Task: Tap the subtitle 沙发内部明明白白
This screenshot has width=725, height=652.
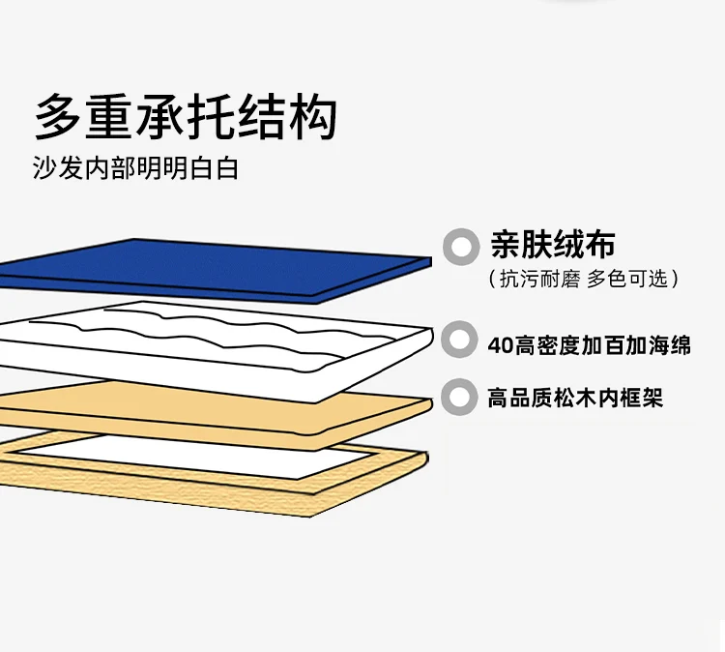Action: [135, 168]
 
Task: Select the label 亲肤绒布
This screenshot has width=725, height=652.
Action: [552, 246]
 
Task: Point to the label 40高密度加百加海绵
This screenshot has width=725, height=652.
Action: [590, 344]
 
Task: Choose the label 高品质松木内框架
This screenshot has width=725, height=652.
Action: [575, 398]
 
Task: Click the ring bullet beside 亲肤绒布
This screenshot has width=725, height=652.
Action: [461, 247]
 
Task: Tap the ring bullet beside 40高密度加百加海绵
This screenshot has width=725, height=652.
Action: [460, 343]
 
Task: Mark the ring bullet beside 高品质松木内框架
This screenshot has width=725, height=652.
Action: [460, 397]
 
